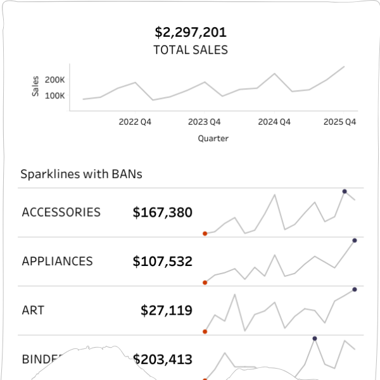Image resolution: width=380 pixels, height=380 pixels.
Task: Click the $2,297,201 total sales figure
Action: tap(190, 32)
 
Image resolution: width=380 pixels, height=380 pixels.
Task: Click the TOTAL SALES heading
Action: tap(190, 49)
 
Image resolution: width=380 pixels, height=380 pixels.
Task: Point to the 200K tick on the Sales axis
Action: tap(55, 80)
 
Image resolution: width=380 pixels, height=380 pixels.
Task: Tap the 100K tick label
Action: tap(55, 96)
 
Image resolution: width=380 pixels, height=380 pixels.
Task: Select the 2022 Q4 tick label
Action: tap(135, 122)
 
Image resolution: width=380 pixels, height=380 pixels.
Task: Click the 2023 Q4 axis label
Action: tap(205, 122)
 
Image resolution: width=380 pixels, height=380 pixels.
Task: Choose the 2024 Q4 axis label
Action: tap(274, 122)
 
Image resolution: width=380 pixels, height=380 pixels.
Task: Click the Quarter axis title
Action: tap(213, 138)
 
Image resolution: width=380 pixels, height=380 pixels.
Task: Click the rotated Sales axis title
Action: tap(35, 87)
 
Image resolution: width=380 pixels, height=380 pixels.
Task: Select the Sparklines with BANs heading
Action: tap(81, 174)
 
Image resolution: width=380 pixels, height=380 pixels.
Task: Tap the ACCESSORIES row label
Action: tap(61, 212)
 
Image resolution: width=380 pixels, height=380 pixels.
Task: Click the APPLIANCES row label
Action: tap(57, 261)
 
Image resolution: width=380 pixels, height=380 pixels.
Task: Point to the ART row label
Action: tap(33, 310)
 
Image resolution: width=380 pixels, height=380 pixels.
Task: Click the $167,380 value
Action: tap(162, 213)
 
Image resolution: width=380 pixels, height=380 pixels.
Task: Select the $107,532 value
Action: tap(162, 262)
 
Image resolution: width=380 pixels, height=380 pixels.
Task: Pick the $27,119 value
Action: tap(167, 310)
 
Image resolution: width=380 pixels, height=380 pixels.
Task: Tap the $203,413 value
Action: tap(162, 360)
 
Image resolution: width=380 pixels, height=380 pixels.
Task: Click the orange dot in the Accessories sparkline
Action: tap(205, 234)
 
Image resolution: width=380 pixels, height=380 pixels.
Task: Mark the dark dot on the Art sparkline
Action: tap(355, 289)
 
